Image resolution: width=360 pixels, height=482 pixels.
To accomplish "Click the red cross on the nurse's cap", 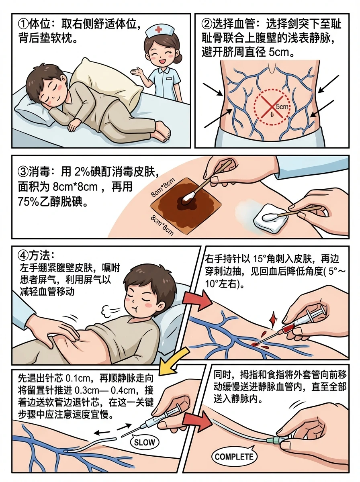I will click(159, 29).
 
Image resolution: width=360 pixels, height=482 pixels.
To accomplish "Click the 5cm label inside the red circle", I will click(282, 107).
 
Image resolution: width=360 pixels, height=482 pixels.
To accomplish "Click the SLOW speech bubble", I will click(143, 442).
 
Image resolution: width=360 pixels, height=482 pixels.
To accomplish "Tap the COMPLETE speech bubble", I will click(234, 457).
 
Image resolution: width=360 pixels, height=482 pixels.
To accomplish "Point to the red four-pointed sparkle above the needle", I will click(274, 320).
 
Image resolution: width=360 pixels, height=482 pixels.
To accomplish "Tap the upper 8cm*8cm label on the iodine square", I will click(163, 188).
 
